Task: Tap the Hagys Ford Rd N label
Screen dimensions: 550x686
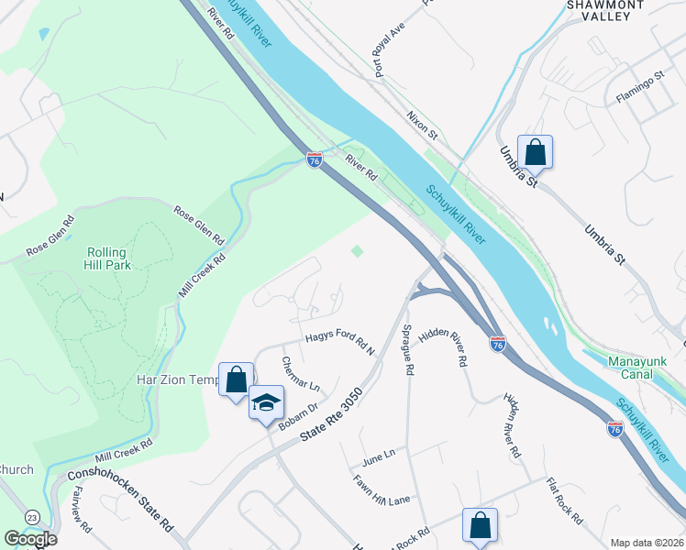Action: point(341,341)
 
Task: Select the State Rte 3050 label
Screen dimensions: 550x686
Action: point(333,417)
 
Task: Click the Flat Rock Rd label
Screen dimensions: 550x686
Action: point(563,500)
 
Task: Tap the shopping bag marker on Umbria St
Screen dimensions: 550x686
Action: point(535,152)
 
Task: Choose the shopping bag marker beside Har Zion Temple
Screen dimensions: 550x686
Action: point(236,379)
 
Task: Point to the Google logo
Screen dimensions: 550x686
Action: point(31,539)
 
